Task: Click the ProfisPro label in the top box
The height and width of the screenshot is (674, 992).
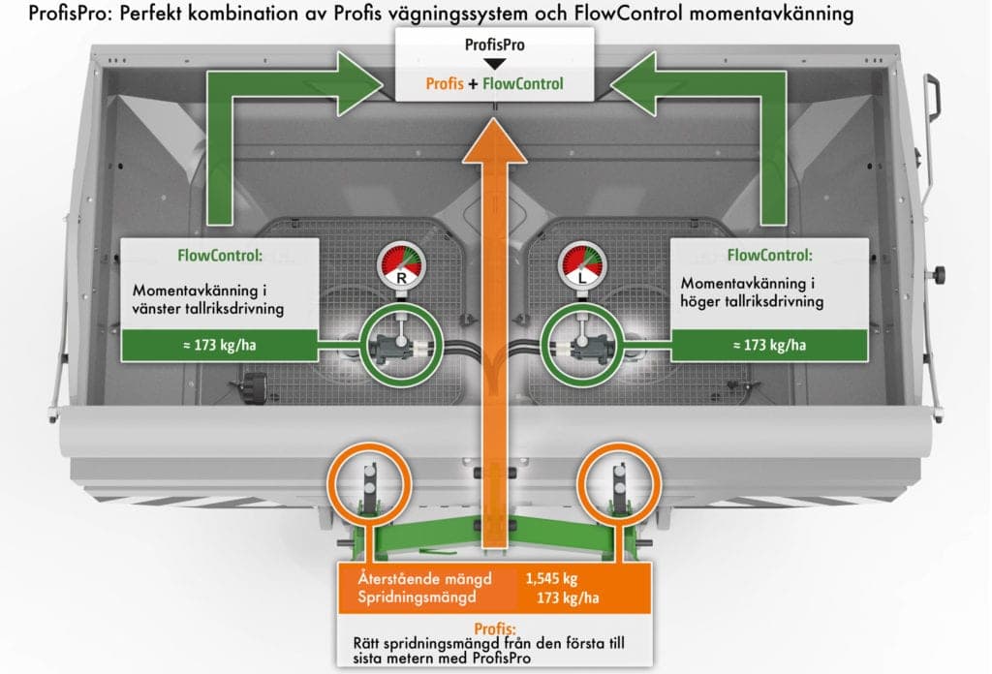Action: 495,45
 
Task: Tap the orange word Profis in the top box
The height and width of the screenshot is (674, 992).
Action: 445,83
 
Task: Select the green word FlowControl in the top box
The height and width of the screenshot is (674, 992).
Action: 522,83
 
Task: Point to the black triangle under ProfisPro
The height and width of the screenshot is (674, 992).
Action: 494,64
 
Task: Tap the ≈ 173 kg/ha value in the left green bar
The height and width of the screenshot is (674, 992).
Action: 220,345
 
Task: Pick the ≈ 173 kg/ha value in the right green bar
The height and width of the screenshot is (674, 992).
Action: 769,345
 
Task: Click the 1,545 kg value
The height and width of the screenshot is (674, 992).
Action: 551,578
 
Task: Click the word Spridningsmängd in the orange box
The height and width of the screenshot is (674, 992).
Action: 417,597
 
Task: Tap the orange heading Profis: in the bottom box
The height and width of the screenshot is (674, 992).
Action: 495,628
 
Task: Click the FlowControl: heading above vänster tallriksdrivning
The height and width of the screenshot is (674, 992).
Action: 220,256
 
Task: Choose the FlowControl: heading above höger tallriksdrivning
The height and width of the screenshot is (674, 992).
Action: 769,256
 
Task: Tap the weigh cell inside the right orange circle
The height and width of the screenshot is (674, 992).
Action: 619,484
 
